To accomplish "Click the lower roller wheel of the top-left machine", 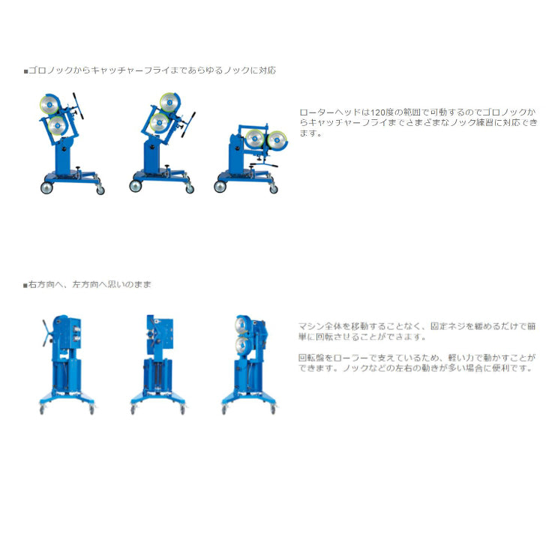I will tap(55, 126).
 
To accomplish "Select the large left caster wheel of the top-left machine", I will tap(46, 187).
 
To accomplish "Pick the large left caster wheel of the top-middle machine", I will tap(136, 187).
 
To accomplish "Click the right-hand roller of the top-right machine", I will tap(277, 139).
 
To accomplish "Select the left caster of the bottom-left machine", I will tap(41, 410).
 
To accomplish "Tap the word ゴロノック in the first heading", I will tap(46, 70).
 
